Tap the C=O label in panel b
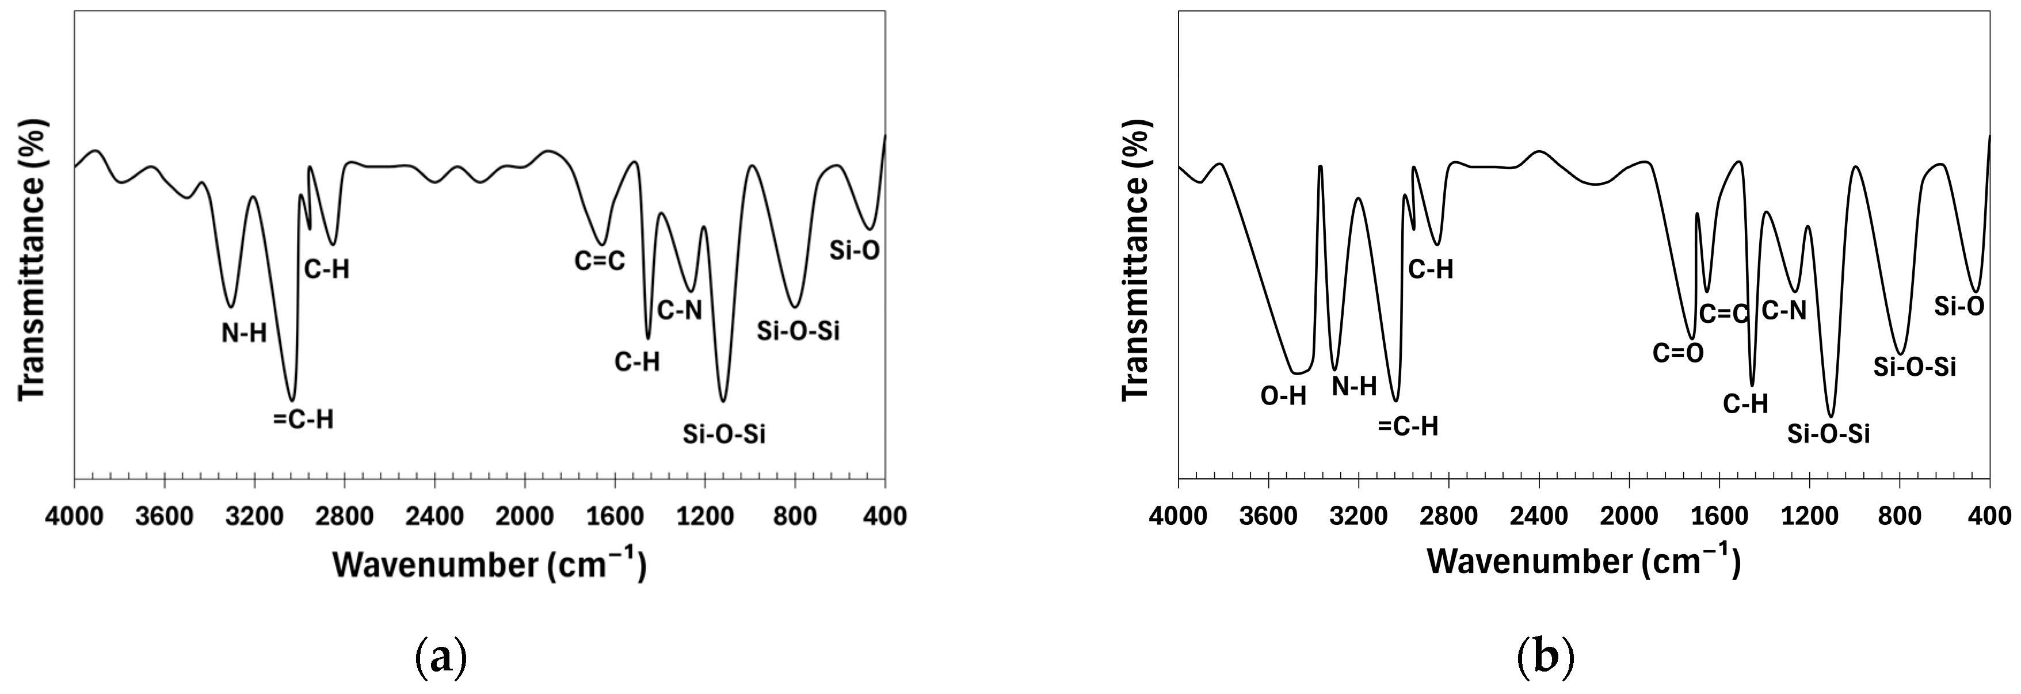tap(1678, 354)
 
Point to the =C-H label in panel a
tap(303, 420)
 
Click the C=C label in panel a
tap(600, 261)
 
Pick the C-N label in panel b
tap(1784, 311)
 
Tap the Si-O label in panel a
tap(855, 251)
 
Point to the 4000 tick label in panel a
tap(75, 517)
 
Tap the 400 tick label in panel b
tap(1989, 517)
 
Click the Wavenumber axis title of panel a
tap(490, 565)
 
